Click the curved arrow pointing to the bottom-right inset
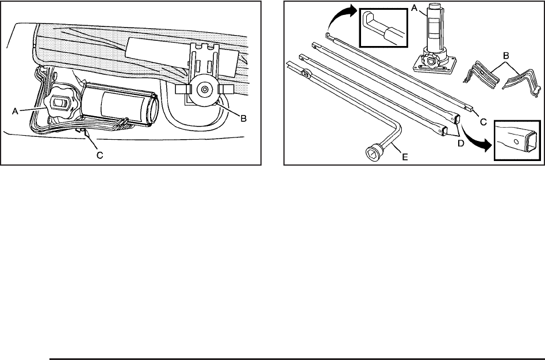tap(475, 141)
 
